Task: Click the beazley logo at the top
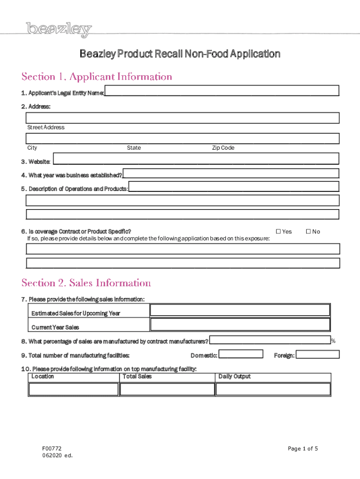[59, 30]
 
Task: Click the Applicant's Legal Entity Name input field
[222, 91]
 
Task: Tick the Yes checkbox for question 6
[279, 232]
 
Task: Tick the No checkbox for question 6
[309, 232]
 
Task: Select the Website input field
[196, 159]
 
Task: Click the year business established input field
[231, 173]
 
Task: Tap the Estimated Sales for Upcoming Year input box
[240, 310]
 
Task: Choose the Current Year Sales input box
[240, 325]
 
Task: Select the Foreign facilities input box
[318, 354]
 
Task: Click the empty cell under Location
[73, 389]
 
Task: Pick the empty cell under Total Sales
[167, 389]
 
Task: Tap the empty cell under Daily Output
[273, 389]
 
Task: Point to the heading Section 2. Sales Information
[86, 283]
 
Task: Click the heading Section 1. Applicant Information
[97, 77]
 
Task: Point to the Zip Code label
[223, 148]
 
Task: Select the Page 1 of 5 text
[303, 449]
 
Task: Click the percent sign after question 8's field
[333, 341]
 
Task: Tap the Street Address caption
[46, 127]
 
